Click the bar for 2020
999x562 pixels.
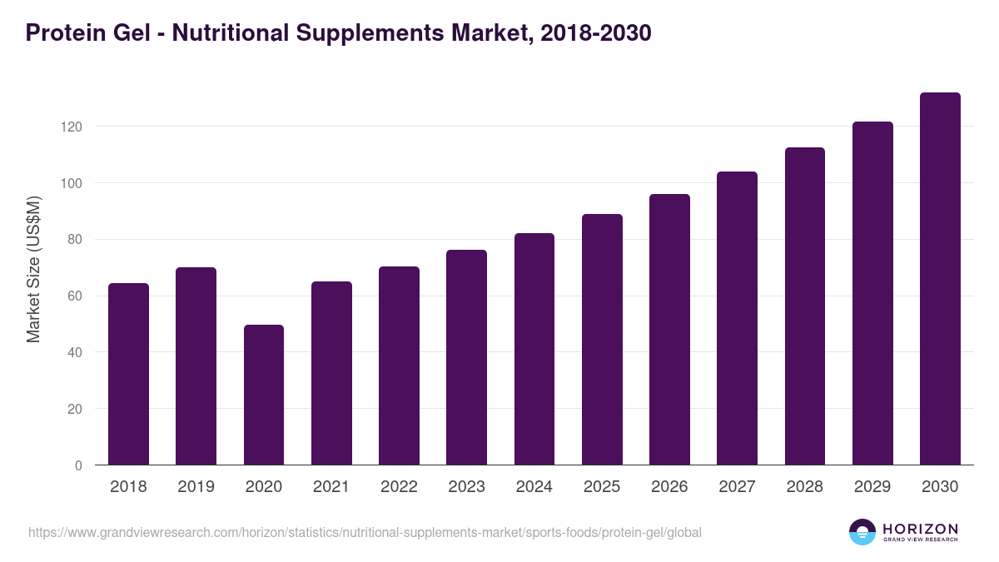coord(264,395)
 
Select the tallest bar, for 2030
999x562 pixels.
coord(940,279)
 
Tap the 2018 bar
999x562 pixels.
coord(128,374)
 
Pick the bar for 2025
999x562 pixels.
coord(602,340)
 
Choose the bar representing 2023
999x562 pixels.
coord(466,357)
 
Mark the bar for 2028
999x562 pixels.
coord(804,306)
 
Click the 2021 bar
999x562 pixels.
coord(331,373)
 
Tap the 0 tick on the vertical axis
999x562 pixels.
coord(78,465)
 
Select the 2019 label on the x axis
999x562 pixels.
coord(196,487)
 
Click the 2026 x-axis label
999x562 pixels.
coord(669,487)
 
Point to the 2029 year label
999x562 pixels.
coord(872,487)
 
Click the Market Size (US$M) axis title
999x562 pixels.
coord(34,269)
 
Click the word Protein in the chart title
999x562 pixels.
coord(62,33)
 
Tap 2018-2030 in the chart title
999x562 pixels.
coord(595,33)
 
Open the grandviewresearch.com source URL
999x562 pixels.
coord(365,532)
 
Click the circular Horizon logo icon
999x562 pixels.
coord(862,532)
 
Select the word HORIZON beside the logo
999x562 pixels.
coord(920,529)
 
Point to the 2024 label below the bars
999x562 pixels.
coord(534,487)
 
